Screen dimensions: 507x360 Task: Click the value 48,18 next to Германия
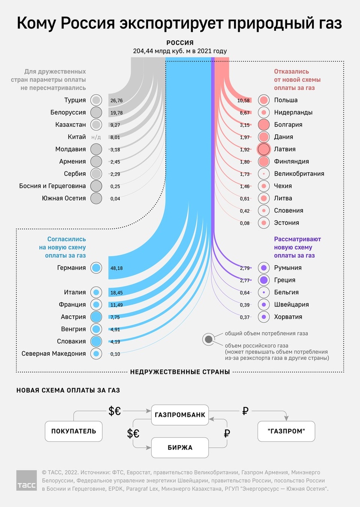(x=117, y=268)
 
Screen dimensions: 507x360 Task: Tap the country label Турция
(x=75, y=100)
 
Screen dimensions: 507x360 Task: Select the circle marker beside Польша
(x=263, y=100)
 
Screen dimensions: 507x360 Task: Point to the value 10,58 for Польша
(x=243, y=100)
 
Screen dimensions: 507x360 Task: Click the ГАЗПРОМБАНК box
(x=180, y=415)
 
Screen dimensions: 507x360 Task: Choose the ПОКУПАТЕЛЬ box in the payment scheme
(x=74, y=431)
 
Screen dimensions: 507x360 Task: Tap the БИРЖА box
(x=180, y=447)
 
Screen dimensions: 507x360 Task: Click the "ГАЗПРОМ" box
(x=286, y=431)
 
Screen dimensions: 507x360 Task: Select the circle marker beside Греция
(x=263, y=280)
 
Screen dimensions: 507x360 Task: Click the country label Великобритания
(x=299, y=174)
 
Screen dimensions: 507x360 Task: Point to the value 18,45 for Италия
(x=117, y=293)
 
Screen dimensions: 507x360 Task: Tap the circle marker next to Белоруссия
(x=96, y=113)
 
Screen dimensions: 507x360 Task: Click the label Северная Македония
(x=54, y=354)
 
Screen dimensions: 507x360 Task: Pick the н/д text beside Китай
(x=96, y=137)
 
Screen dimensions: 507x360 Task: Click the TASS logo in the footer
(x=27, y=480)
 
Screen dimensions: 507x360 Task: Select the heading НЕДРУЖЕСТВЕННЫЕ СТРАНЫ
(x=180, y=372)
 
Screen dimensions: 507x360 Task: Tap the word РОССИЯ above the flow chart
(x=180, y=43)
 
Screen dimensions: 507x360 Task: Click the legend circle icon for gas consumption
(x=209, y=339)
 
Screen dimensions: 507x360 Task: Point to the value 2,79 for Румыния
(x=245, y=268)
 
